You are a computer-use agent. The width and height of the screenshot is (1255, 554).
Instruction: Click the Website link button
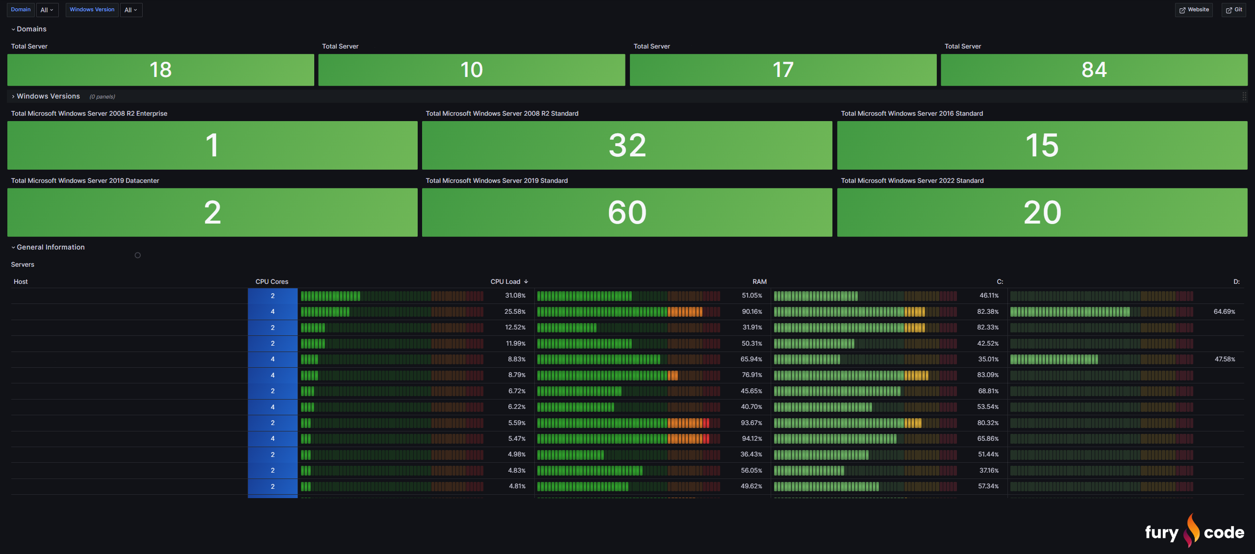coord(1194,10)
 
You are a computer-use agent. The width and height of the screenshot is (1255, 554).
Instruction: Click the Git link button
coord(1234,10)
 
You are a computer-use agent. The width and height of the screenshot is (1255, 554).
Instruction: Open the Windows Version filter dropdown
coord(131,10)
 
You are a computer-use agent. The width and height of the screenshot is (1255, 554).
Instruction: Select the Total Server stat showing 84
coord(1094,70)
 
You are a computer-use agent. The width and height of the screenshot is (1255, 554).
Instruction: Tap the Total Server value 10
coord(472,70)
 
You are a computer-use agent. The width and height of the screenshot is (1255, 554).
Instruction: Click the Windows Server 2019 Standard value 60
coord(627,212)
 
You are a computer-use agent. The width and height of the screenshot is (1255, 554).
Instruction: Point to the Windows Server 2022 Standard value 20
coord(1042,212)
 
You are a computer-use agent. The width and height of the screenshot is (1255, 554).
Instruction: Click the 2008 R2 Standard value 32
coord(627,145)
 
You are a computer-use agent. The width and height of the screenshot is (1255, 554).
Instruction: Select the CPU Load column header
coord(505,281)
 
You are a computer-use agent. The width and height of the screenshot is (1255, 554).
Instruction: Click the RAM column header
coord(759,281)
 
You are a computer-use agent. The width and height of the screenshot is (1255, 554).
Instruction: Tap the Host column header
coord(21,281)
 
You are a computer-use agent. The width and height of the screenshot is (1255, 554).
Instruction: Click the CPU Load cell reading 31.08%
coord(515,296)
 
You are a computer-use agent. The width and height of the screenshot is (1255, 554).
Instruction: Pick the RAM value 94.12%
coord(752,439)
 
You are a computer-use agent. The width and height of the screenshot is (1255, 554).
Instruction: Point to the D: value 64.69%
coord(1224,312)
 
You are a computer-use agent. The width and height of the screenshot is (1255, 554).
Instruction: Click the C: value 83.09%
coord(988,375)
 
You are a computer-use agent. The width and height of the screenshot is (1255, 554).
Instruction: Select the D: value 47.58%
coord(1225,359)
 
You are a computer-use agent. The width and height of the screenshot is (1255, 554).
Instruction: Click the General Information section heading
coord(50,247)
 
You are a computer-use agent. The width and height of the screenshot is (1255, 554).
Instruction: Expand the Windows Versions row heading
coord(48,96)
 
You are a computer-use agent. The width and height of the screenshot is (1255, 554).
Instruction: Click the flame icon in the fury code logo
coord(1191,530)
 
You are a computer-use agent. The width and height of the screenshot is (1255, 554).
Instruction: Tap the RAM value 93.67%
coord(752,423)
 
